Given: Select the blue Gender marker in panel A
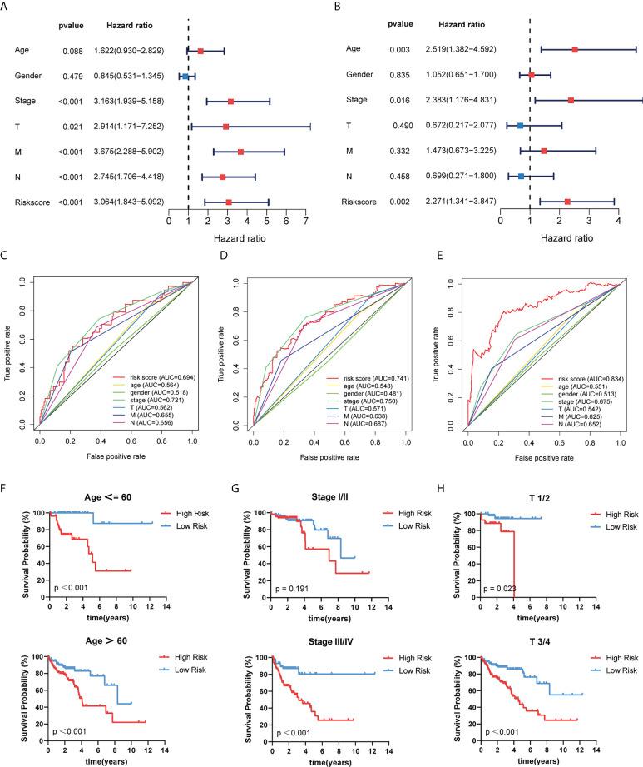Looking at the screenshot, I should point(185,77).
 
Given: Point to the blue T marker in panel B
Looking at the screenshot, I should point(520,126).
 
